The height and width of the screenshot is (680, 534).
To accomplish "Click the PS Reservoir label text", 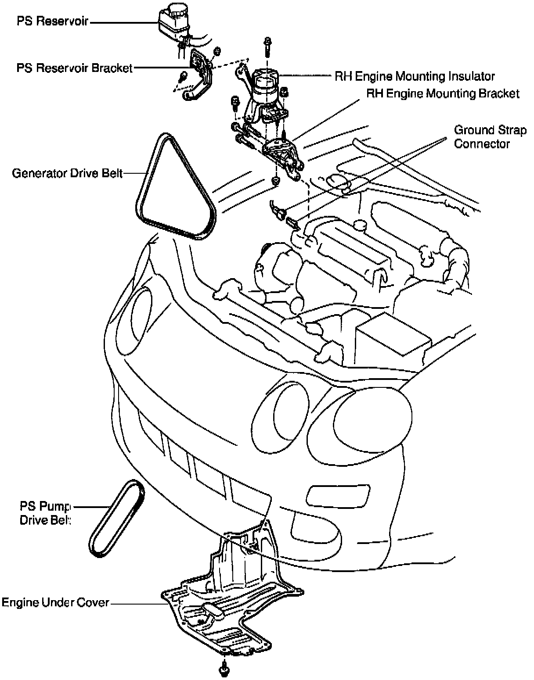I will pyautogui.click(x=52, y=21).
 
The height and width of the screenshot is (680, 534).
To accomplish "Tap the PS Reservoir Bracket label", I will pyautogui.click(x=74, y=68).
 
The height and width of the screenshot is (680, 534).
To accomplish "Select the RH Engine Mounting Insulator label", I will pyautogui.click(x=415, y=76).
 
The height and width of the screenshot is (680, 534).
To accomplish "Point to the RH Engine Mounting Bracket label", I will pyautogui.click(x=443, y=94).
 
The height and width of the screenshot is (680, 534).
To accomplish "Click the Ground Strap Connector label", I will pyautogui.click(x=490, y=137).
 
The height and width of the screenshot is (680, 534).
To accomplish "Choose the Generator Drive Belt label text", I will pyautogui.click(x=67, y=173).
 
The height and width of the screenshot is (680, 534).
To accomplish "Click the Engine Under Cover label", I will pyautogui.click(x=55, y=602).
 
